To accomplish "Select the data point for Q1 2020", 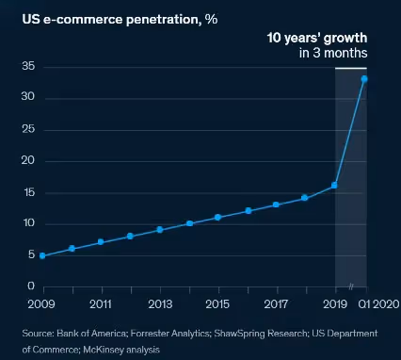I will (x=364, y=78).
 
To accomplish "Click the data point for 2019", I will (x=335, y=186).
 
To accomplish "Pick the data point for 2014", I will (x=189, y=223).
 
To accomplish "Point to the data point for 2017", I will (x=276, y=205).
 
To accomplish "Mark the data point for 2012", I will (x=131, y=236).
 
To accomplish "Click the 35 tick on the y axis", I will (x=29, y=66).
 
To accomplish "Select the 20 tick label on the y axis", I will (x=29, y=160).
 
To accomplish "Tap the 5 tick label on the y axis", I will (x=32, y=254).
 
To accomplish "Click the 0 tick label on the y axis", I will (x=32, y=286).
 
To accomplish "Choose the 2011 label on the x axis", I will (x=102, y=304).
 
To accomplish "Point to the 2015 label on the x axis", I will (x=217, y=304).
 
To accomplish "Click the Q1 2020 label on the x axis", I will (x=379, y=304).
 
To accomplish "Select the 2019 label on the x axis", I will (x=335, y=304).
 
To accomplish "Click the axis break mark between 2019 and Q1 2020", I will (x=350, y=286).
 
